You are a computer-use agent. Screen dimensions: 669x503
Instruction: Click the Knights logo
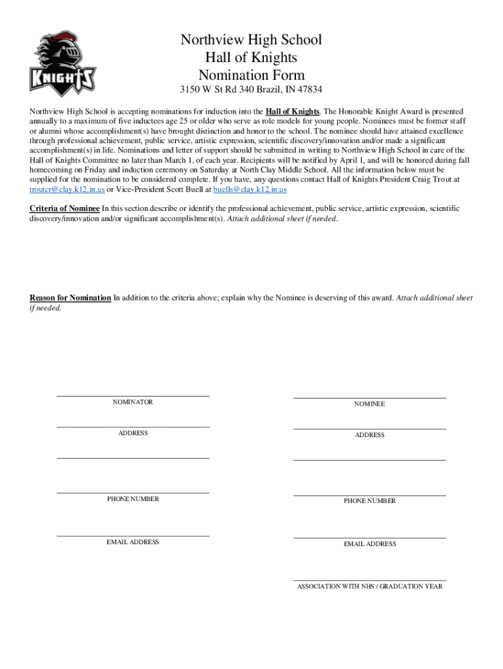point(63,63)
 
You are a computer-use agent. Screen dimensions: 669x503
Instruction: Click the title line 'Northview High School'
point(252,40)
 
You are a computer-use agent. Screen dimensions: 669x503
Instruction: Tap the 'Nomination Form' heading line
point(252,74)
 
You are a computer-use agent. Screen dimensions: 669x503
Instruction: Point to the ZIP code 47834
point(308,90)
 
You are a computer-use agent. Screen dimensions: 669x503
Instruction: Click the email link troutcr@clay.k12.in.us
point(67,189)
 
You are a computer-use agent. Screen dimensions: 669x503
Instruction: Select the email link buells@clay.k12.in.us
point(250,189)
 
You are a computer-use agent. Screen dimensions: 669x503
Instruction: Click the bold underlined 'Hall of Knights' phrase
point(293,111)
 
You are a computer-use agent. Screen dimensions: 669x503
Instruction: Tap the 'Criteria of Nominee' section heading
point(65,208)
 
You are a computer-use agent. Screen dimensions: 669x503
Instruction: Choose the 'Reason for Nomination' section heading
point(71,298)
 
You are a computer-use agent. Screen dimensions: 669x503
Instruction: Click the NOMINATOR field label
point(133,402)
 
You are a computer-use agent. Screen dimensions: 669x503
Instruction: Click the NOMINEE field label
point(370,404)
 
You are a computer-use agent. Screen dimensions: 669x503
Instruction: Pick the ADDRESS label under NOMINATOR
point(133,433)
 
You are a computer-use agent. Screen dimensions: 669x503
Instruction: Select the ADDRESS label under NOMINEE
point(370,435)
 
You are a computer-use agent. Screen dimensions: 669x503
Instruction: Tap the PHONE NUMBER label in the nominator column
point(133,499)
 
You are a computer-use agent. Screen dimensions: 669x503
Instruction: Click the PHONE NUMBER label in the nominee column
point(370,501)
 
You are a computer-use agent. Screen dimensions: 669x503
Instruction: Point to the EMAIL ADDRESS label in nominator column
point(133,542)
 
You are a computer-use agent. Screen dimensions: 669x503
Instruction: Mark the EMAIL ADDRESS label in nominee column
point(370,544)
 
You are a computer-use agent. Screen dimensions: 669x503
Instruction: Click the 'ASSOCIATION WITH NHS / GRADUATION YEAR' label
point(370,587)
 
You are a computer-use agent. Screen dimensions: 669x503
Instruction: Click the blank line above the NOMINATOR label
point(133,396)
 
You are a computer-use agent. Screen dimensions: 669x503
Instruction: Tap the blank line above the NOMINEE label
point(370,398)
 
